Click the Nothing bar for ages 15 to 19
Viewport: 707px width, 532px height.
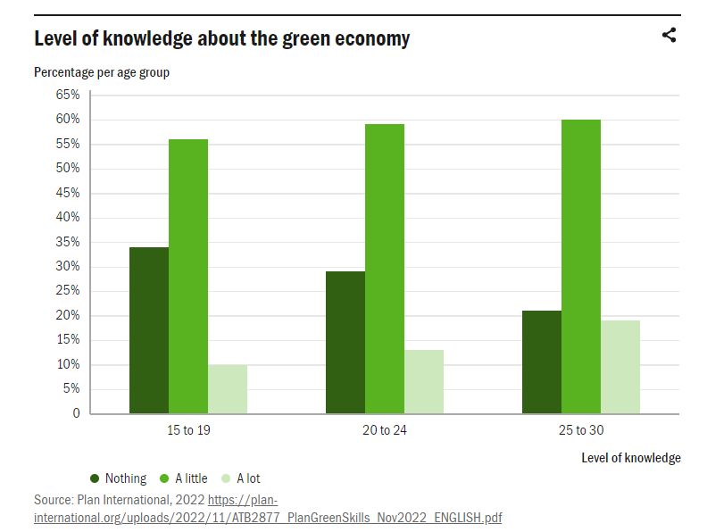pyautogui.click(x=149, y=330)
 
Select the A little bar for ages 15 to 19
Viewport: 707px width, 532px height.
pyautogui.click(x=188, y=277)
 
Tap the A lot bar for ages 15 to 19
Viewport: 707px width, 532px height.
pyautogui.click(x=228, y=389)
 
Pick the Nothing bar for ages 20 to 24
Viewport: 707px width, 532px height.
pyautogui.click(x=345, y=343)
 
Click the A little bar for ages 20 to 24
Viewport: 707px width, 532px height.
pyautogui.click(x=385, y=269)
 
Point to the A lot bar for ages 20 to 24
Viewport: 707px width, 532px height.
pyautogui.click(x=424, y=382)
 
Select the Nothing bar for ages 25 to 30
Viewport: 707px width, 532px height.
pyautogui.click(x=542, y=362)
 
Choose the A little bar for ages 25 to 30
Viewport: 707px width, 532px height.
pyautogui.click(x=581, y=267)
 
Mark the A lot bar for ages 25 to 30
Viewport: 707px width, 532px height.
pyautogui.click(x=620, y=367)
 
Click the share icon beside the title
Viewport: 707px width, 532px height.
pyautogui.click(x=669, y=36)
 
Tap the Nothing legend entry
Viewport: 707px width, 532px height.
pyautogui.click(x=119, y=478)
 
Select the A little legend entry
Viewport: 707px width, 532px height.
pyautogui.click(x=183, y=478)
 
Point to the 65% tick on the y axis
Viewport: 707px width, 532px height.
pyautogui.click(x=68, y=95)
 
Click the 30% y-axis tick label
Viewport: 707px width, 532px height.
pyautogui.click(x=68, y=267)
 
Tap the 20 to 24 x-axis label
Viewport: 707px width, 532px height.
pyautogui.click(x=385, y=430)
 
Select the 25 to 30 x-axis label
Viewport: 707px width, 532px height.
pyautogui.click(x=581, y=430)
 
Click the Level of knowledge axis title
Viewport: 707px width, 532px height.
pyautogui.click(x=630, y=458)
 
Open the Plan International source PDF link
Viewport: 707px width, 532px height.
pyautogui.click(x=268, y=517)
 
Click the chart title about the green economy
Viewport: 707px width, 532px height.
pyautogui.click(x=222, y=38)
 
